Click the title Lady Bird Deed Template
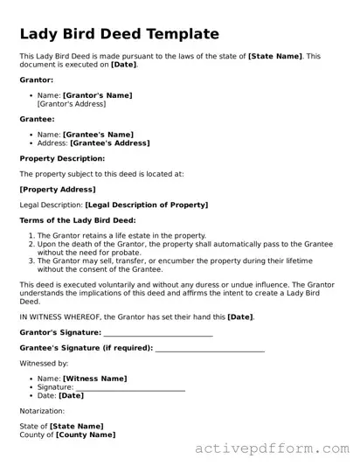[x=119, y=34]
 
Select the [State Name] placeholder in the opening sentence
[x=274, y=56]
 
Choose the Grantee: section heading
[x=38, y=118]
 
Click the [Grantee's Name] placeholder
[x=97, y=134]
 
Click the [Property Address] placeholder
[x=57, y=189]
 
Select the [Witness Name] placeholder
[x=94, y=379]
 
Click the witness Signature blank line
[x=130, y=387]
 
